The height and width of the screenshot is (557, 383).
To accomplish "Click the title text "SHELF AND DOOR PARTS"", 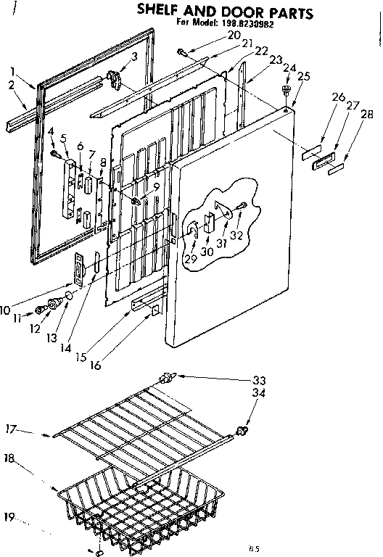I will [x=226, y=13].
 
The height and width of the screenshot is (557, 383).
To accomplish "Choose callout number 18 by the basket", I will [x=10, y=459].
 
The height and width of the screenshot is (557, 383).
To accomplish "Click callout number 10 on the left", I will [x=6, y=310].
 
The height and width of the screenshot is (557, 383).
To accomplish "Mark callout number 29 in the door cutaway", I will [x=190, y=258].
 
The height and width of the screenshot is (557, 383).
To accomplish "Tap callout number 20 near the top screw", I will [x=232, y=35].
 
